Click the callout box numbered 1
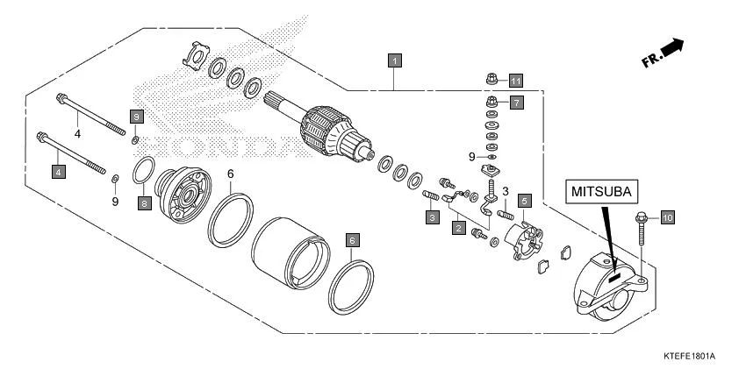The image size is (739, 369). pyautogui.click(x=396, y=61)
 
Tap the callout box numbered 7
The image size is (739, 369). pyautogui.click(x=515, y=103)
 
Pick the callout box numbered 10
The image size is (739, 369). pyautogui.click(x=666, y=216)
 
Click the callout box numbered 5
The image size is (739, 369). pyautogui.click(x=524, y=201)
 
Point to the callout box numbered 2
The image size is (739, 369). pyautogui.click(x=457, y=228)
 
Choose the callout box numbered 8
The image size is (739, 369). pyautogui.click(x=145, y=203)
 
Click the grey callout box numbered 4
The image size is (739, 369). pyautogui.click(x=59, y=172)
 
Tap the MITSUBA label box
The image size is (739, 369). pyautogui.click(x=601, y=191)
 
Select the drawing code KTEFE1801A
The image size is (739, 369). pyautogui.click(x=689, y=357)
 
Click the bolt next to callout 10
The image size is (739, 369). pyautogui.click(x=640, y=224)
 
